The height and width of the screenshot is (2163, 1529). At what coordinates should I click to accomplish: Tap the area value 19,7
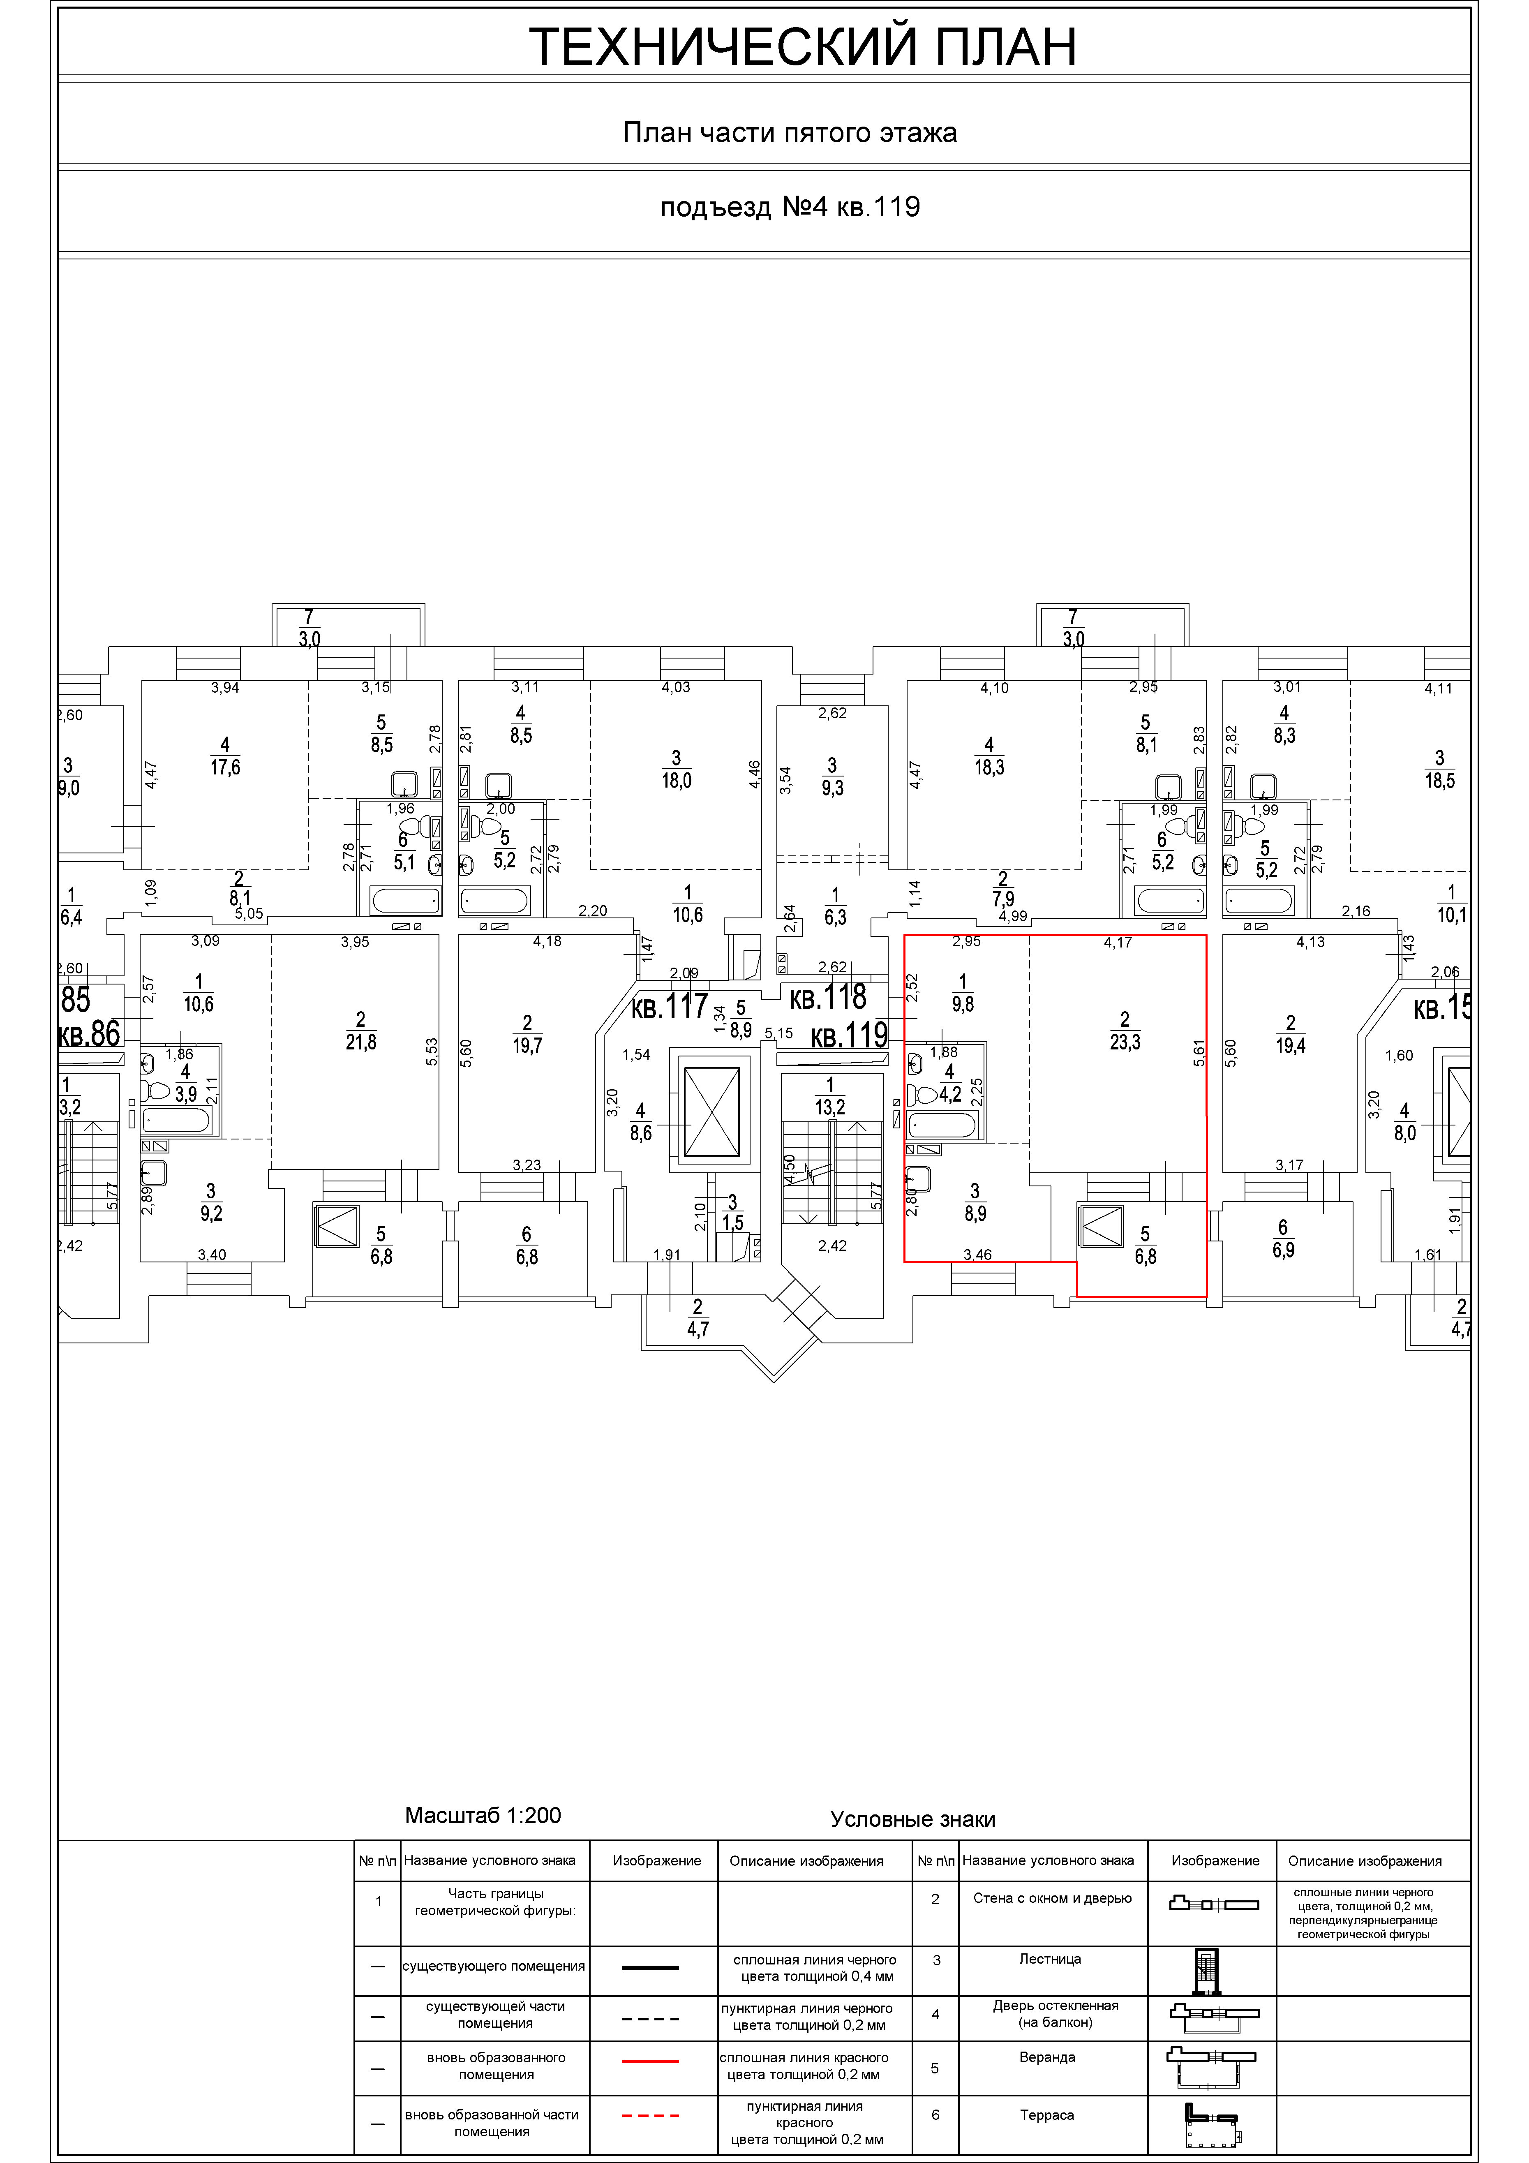click(527, 1045)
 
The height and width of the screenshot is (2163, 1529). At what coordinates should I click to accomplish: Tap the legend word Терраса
click(1046, 2115)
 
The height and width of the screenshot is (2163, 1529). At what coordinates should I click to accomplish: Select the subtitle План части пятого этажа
click(790, 133)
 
